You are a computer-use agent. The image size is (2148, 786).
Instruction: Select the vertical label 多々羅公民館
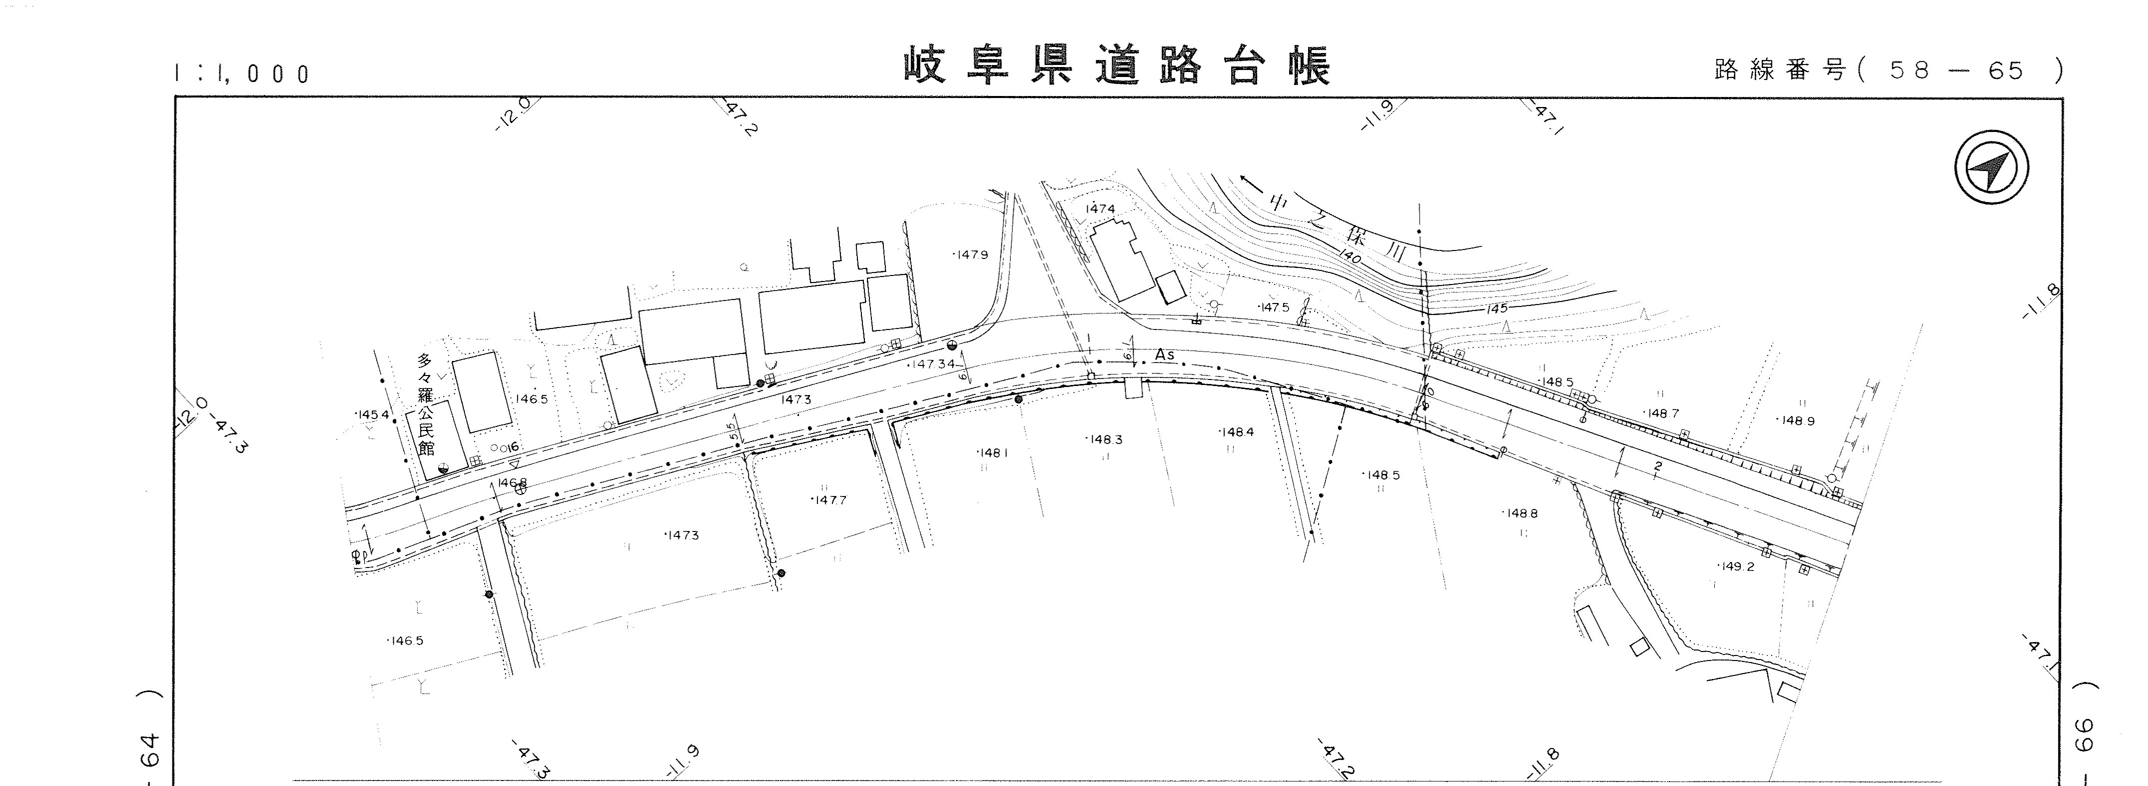tap(426, 404)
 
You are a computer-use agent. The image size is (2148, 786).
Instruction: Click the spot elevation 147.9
tap(971, 254)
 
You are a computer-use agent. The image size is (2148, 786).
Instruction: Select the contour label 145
tap(1497, 308)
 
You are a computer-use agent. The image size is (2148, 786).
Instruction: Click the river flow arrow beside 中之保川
tap(1251, 181)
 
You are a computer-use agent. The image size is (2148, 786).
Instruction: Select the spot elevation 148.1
tap(992, 453)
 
